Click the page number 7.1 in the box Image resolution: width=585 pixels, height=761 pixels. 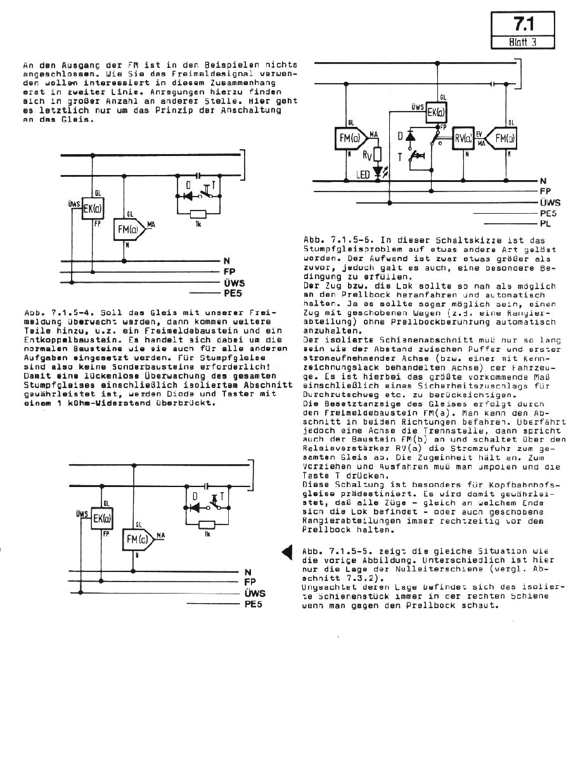click(x=522, y=25)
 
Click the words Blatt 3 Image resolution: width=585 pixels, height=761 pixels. click(x=522, y=42)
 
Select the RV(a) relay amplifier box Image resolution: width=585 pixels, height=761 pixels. click(x=463, y=139)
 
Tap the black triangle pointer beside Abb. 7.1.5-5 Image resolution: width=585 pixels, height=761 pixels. click(x=286, y=553)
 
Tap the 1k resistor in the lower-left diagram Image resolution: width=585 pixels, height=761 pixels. click(x=205, y=524)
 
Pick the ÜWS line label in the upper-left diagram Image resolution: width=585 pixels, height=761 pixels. click(x=235, y=283)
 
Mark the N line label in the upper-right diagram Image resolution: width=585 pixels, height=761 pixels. click(x=543, y=181)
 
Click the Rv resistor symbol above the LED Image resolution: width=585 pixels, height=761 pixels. click(x=378, y=153)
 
